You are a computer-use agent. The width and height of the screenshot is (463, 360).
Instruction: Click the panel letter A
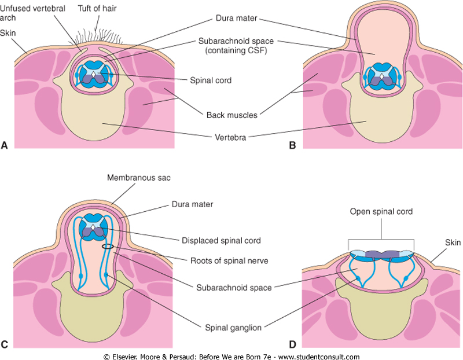click(x=5, y=146)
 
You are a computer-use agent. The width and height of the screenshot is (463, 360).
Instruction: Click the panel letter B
click(x=292, y=146)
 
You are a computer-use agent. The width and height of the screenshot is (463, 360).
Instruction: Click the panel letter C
click(x=5, y=346)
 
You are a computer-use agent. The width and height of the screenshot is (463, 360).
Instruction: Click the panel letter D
click(x=292, y=346)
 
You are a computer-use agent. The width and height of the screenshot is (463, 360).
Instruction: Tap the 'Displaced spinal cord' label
click(x=221, y=240)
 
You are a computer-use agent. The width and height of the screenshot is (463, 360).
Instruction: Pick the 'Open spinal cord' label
click(x=381, y=212)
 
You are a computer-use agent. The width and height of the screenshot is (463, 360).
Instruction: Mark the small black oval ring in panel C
click(x=108, y=247)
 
